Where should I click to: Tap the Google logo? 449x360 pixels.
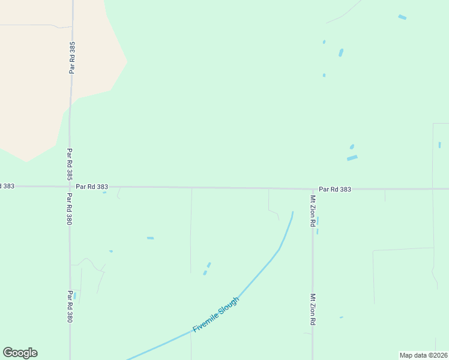[20, 353]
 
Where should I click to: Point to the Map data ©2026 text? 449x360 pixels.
[423, 355]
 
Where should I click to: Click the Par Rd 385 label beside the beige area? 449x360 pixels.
[73, 58]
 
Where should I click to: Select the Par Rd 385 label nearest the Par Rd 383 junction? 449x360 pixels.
[70, 165]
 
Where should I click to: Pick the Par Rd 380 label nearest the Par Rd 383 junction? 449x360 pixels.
[70, 209]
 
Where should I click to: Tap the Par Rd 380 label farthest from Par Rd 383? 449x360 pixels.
[70, 307]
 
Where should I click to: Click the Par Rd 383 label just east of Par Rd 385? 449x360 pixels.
[92, 187]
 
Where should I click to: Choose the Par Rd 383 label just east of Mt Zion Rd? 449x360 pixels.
[335, 189]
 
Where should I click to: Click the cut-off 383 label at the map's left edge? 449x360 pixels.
[7, 186]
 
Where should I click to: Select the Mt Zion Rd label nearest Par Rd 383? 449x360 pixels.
[313, 211]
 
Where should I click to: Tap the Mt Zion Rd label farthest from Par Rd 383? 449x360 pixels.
[313, 310]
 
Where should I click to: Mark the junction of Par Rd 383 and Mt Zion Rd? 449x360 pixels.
[312, 189]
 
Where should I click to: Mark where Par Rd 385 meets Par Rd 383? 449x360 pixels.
[70, 187]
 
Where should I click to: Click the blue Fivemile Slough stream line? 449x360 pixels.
[258, 272]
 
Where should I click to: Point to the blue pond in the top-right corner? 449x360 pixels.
[402, 17]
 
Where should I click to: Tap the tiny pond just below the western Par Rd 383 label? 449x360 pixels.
[104, 193]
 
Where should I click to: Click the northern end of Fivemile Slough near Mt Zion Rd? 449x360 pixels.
[292, 212]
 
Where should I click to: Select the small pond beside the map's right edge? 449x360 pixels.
[439, 145]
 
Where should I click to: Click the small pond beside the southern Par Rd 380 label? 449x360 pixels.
[75, 295]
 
